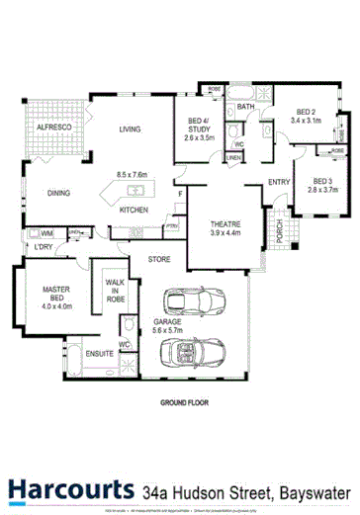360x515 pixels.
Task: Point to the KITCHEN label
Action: click(x=134, y=211)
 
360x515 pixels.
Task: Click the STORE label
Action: click(x=159, y=259)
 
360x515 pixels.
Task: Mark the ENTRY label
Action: click(x=279, y=181)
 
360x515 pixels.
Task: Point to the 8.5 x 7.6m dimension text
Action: click(x=132, y=175)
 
